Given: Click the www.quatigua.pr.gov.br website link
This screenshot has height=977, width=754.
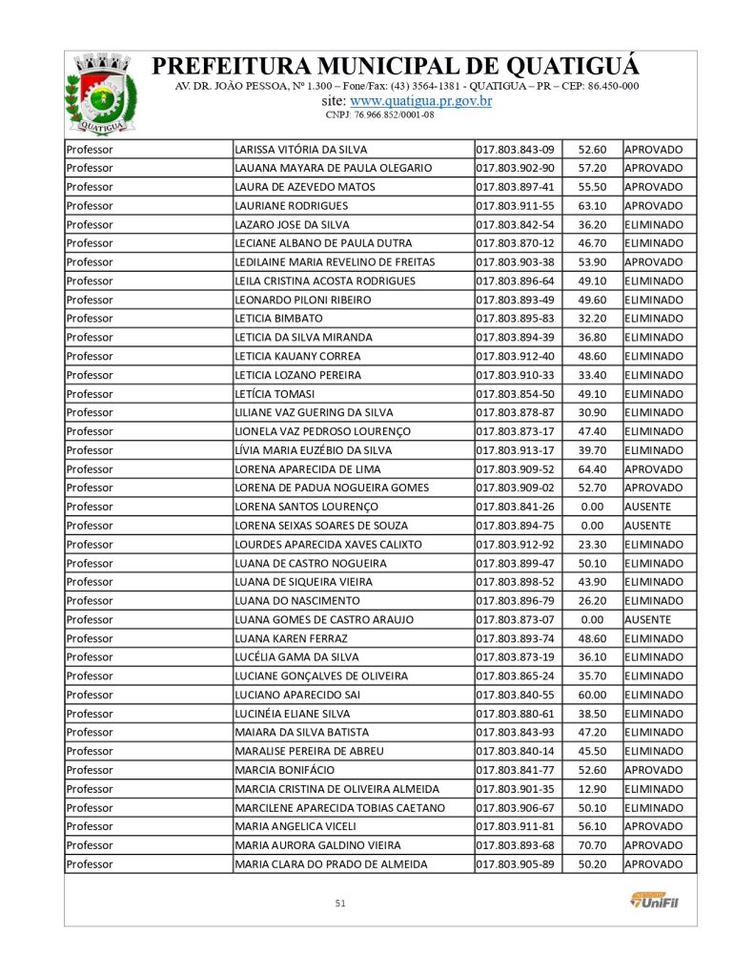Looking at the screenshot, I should pyautogui.click(x=420, y=100).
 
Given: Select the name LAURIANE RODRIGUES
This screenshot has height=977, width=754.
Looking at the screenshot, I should pyautogui.click(x=292, y=205).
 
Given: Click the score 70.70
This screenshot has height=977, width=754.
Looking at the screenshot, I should pyautogui.click(x=592, y=845).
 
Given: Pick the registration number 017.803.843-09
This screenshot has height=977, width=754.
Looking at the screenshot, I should pyautogui.click(x=516, y=149).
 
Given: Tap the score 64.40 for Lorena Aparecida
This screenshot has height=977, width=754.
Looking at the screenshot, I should pyautogui.click(x=592, y=468).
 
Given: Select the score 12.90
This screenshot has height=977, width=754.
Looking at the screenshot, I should pyautogui.click(x=592, y=789).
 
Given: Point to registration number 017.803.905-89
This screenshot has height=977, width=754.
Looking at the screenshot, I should pyautogui.click(x=516, y=864).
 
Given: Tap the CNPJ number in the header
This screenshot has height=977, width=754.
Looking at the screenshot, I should pyautogui.click(x=379, y=114).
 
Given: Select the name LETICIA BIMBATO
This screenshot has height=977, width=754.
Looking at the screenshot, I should pyautogui.click(x=278, y=319).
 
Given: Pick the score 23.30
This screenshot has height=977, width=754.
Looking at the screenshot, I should pyautogui.click(x=592, y=544).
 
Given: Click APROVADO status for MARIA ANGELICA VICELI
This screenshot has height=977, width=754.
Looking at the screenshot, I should pyautogui.click(x=653, y=826).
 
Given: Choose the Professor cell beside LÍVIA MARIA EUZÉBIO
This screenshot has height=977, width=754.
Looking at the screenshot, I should pyautogui.click(x=90, y=450).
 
